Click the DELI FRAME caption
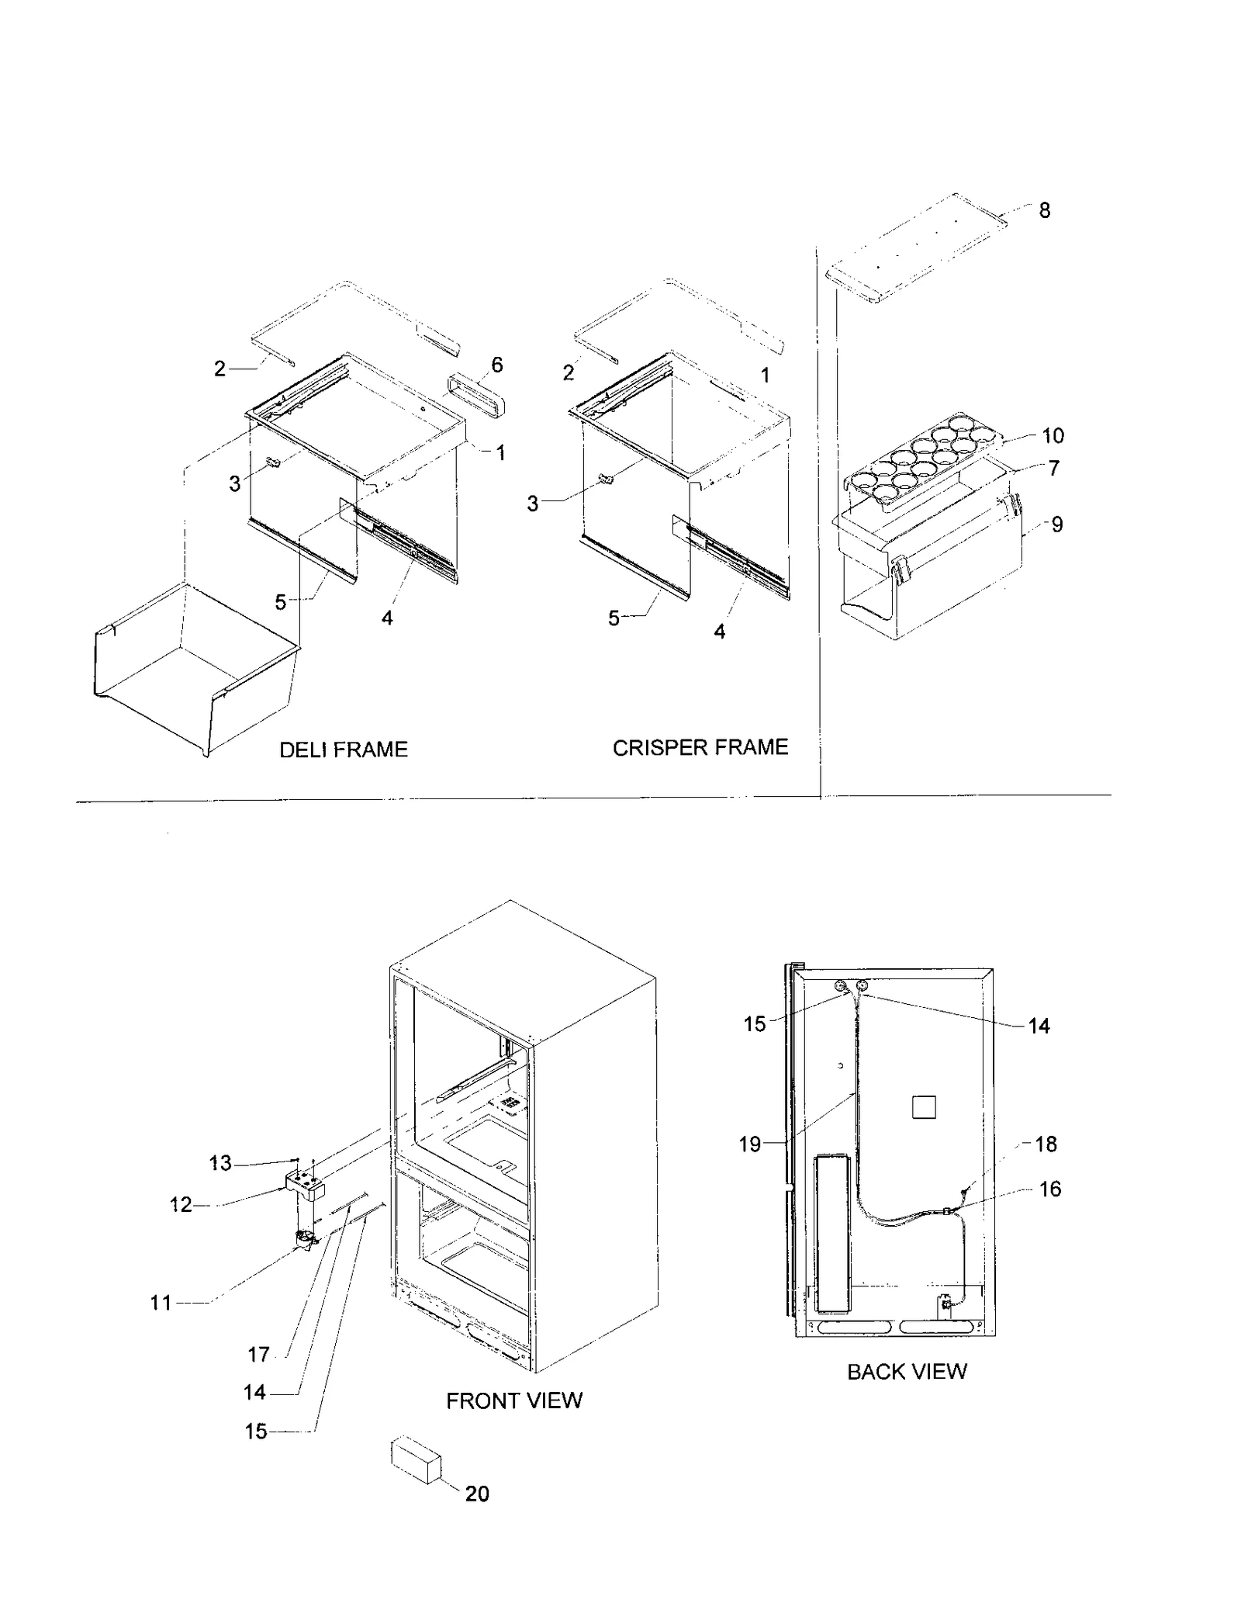343,750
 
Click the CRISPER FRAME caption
700,747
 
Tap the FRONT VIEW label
513,1401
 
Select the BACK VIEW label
906,1372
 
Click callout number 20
477,1494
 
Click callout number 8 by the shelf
1044,210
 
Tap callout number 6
497,365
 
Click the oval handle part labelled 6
475,393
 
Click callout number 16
1049,1189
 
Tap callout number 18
1046,1144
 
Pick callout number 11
161,1303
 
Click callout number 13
220,1163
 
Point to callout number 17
258,1355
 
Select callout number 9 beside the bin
1056,525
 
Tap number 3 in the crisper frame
532,504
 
